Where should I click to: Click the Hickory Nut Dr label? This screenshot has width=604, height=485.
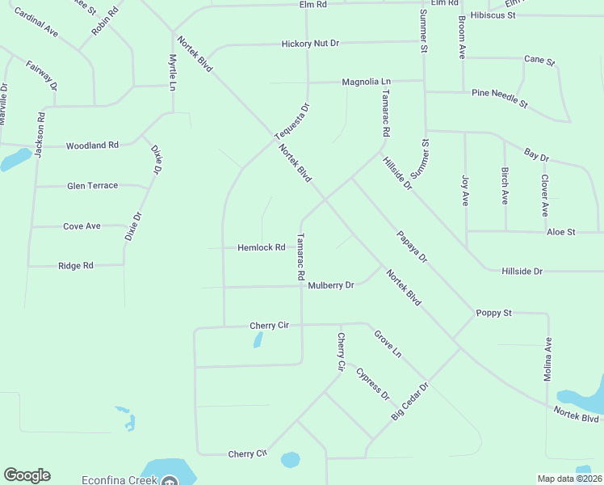[x=312, y=44]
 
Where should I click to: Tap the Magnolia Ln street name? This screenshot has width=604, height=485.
[x=366, y=82]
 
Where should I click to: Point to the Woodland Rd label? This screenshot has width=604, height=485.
[x=92, y=145]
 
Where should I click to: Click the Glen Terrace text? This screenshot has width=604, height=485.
[x=92, y=186]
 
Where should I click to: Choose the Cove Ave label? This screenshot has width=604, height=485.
[x=82, y=226]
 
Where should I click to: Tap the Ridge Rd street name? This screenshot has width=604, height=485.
[x=76, y=265]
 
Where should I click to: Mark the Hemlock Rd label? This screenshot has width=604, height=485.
[x=262, y=247]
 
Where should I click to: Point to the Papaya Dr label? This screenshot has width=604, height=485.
[x=412, y=247]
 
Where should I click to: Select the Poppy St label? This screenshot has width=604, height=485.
[x=494, y=313]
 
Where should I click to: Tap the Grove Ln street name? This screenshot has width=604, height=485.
[x=387, y=343]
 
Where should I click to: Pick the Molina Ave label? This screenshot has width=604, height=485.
[x=547, y=359]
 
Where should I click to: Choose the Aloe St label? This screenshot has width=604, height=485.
[x=560, y=232]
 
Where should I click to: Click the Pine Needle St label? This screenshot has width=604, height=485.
[x=499, y=99]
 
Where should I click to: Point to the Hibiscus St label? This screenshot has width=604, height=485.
[x=493, y=15]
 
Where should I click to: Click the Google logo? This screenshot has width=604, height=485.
[x=27, y=475]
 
